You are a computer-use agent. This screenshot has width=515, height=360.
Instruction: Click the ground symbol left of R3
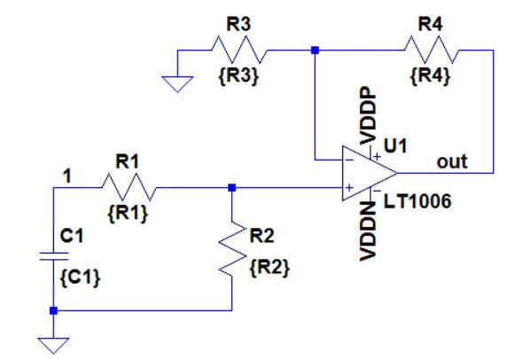[x=177, y=82]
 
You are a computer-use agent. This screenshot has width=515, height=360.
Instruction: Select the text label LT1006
[x=417, y=203]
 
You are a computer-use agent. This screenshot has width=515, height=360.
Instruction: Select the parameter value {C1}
[x=84, y=278]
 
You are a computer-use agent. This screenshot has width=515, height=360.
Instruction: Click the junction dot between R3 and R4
[x=315, y=51]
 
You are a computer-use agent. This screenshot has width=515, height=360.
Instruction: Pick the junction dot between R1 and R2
[x=230, y=188]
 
